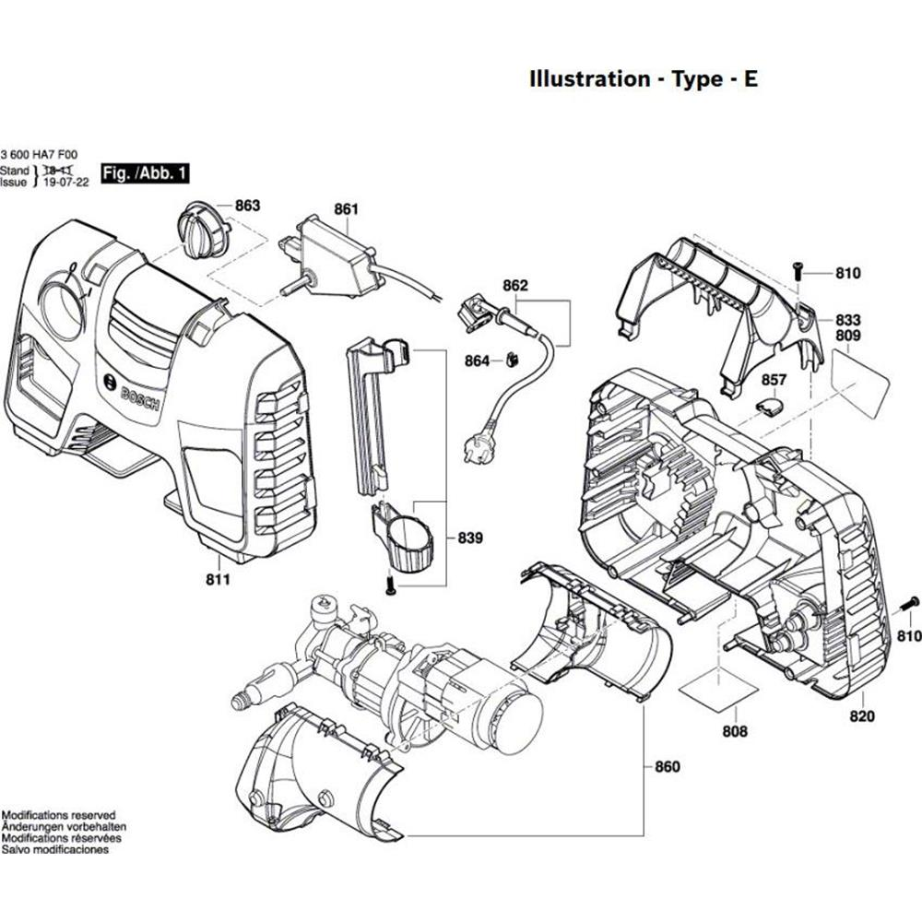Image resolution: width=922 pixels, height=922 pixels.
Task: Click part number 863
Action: (247, 206)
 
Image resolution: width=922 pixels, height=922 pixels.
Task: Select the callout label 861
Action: (346, 209)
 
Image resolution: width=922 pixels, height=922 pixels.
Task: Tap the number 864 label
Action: (477, 361)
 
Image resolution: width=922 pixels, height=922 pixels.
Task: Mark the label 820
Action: (861, 715)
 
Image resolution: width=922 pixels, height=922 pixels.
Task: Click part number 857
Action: (774, 379)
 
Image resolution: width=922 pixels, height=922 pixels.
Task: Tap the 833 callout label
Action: (847, 319)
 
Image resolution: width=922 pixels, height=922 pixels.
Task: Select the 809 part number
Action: (847, 337)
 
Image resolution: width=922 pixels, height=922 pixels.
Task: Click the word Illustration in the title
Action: (588, 78)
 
